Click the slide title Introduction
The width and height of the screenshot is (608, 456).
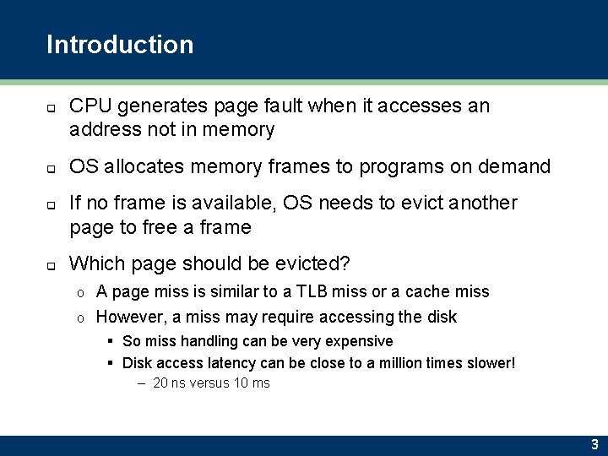coord(120,45)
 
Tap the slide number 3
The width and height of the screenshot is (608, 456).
coord(594,444)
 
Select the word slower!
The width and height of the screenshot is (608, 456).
coord(488,363)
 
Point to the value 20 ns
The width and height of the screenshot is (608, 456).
coord(171,383)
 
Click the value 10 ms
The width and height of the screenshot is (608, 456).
coord(252,383)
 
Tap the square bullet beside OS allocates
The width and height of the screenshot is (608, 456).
coord(51,168)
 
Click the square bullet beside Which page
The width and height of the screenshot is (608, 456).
coord(51,265)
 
